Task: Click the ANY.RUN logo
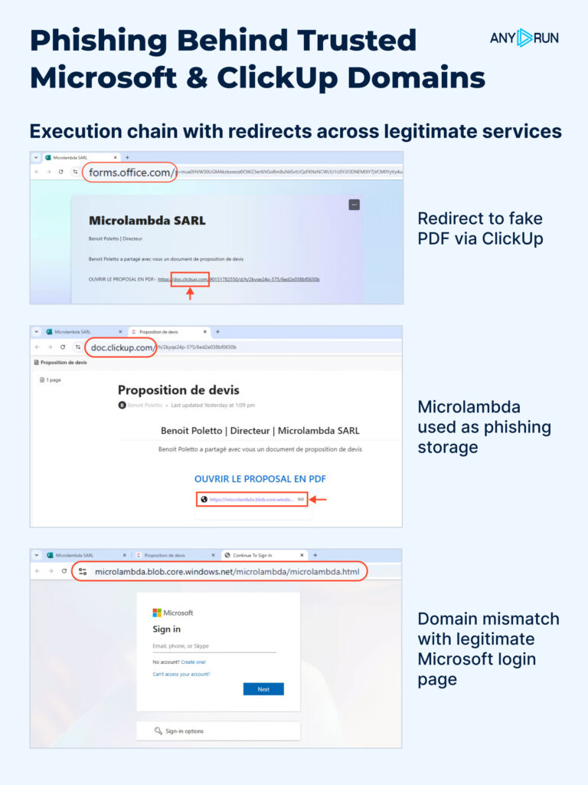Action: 524,38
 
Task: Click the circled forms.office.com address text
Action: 129,172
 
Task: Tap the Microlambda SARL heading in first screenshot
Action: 147,221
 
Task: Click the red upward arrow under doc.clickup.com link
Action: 191,293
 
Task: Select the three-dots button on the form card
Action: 354,205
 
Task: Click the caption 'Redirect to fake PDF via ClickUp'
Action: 480,228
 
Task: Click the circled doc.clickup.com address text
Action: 122,347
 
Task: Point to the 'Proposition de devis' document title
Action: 178,390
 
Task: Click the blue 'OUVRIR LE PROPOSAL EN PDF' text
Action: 260,478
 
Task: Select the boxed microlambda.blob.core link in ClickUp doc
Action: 252,499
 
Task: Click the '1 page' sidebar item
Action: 51,379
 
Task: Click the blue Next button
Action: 263,688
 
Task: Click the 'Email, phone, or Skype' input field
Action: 214,646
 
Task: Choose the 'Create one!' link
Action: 193,662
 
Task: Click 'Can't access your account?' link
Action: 181,674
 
